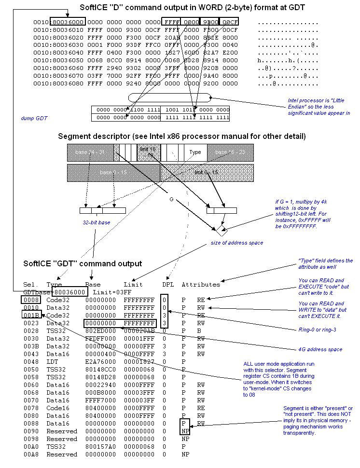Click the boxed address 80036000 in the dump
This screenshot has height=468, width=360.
(x=68, y=22)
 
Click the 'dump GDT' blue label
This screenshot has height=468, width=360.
(x=34, y=118)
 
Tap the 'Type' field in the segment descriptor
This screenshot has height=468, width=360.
(x=195, y=152)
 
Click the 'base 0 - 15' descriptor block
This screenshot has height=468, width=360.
(x=113, y=172)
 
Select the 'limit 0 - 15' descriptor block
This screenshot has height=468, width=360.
(x=206, y=172)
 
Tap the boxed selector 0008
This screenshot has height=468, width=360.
(x=31, y=300)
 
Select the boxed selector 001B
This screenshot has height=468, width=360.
(x=31, y=315)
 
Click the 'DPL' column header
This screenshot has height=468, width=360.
(x=167, y=284)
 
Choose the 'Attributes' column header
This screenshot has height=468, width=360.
(x=201, y=284)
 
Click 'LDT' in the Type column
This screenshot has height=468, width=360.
(x=52, y=361)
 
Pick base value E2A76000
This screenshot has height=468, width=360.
(x=100, y=361)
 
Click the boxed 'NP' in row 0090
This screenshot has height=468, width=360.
(x=185, y=431)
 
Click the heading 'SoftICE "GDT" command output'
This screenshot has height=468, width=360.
(x=83, y=263)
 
